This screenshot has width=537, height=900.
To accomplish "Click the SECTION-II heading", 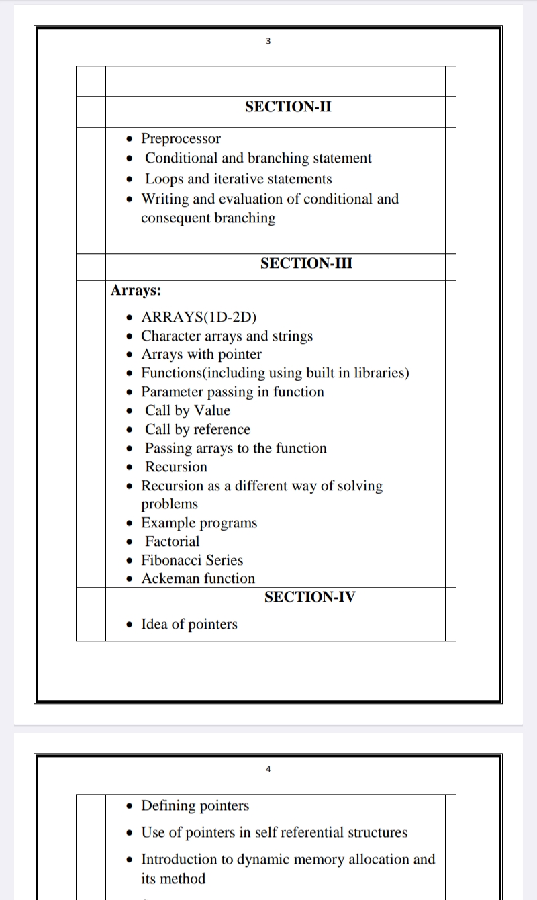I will click(x=288, y=107).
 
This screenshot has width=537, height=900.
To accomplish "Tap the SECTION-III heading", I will click(x=306, y=263).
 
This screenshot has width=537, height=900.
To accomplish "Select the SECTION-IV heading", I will click(x=309, y=597).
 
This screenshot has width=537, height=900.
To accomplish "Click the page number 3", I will click(x=268, y=42).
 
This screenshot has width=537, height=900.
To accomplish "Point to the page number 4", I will click(x=268, y=769).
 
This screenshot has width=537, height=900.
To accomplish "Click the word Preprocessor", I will click(x=181, y=139).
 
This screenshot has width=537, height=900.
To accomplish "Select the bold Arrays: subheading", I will click(x=136, y=291).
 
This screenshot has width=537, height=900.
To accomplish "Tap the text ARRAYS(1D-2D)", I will click(x=199, y=318).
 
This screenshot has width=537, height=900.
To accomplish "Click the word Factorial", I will click(x=173, y=541).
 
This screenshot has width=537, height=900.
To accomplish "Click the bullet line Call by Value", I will click(x=187, y=411).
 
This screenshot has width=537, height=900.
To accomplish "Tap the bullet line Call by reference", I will click(x=197, y=430).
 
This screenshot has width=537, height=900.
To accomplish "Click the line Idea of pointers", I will click(x=189, y=625).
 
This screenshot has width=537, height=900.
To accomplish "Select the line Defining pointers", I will click(x=195, y=806).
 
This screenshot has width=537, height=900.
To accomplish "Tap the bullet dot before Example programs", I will click(x=130, y=523).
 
